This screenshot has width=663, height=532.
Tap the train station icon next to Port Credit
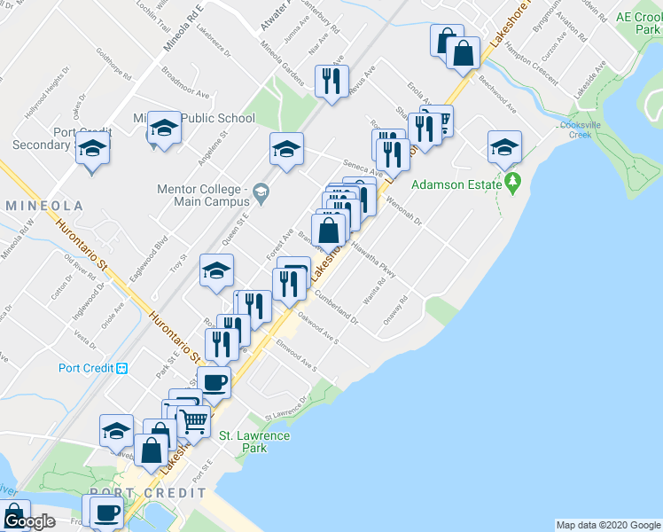(x=123, y=368)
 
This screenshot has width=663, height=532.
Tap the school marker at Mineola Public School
(x=164, y=129)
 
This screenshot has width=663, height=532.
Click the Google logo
(x=28, y=521)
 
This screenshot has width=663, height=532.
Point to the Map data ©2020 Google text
(x=608, y=525)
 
